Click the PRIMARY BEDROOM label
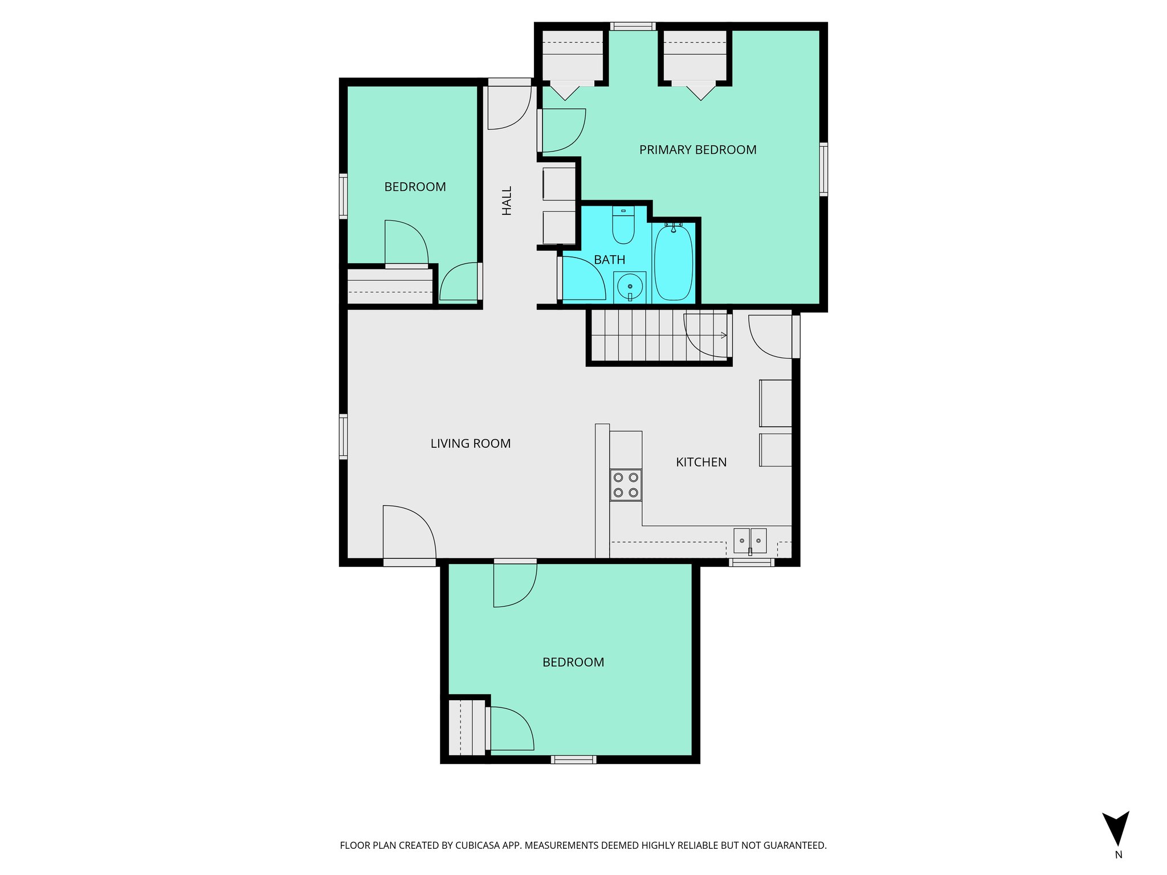[x=697, y=150]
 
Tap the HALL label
[x=507, y=201]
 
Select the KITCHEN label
[x=701, y=462]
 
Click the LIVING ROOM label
[x=470, y=443]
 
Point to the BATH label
[x=609, y=260]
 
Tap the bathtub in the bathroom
[x=673, y=263]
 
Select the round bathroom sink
[x=630, y=286]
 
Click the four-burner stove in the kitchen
[x=626, y=485]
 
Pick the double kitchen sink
[x=749, y=541]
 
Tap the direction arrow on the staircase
[x=723, y=336]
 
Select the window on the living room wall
[x=343, y=436]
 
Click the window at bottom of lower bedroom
[x=573, y=759]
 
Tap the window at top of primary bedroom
[x=633, y=26]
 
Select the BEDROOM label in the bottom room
[x=573, y=662]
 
